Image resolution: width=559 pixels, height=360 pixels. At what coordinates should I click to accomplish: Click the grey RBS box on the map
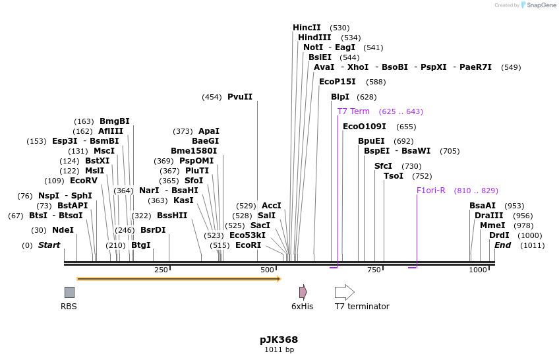69,292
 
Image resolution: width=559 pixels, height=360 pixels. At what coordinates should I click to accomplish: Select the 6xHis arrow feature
303,292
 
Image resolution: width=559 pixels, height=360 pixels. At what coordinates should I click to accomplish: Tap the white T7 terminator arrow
344,292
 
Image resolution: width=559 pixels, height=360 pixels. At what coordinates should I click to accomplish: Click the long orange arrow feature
179,279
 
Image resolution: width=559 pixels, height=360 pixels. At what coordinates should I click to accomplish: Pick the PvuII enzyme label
240,97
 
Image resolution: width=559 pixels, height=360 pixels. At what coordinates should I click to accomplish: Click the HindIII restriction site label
314,38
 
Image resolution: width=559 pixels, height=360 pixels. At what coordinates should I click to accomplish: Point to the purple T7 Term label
353,111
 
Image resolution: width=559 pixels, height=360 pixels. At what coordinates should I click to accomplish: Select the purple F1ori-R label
431,191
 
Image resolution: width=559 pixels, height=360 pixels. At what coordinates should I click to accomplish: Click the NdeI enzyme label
63,230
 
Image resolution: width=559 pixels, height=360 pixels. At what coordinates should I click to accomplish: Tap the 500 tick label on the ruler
267,270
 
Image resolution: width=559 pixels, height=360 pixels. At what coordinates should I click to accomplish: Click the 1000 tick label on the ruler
478,270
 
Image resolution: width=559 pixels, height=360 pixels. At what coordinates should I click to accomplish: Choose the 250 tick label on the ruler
161,270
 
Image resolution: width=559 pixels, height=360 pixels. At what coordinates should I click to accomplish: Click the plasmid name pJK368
279,340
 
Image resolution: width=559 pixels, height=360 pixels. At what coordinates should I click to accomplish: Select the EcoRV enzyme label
84,181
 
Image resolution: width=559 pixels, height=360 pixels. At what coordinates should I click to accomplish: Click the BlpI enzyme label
340,97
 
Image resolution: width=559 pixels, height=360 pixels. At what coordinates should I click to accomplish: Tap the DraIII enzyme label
488,216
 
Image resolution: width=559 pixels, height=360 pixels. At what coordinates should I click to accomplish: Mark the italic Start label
49,245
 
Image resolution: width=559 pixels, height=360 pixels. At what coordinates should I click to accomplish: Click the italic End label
503,245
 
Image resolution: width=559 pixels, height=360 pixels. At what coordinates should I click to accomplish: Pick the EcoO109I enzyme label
365,127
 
